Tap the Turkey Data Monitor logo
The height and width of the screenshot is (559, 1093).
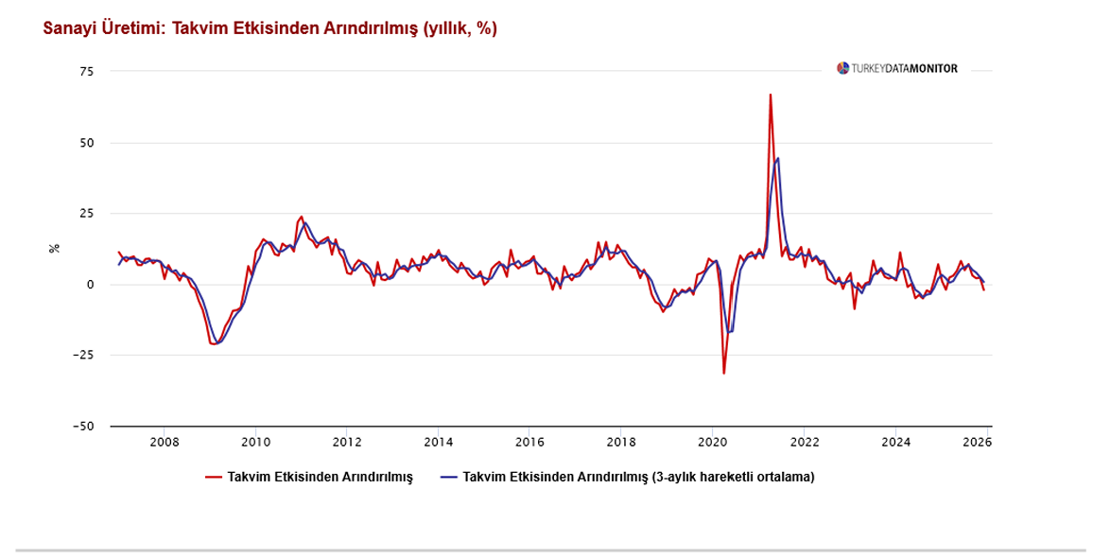(896, 68)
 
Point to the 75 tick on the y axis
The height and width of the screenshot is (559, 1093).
(87, 72)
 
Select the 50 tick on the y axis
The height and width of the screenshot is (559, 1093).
(87, 143)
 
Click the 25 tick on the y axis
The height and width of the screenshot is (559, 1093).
(87, 214)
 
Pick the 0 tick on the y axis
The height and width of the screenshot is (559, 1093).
(91, 285)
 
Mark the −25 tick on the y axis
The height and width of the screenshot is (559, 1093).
(85, 356)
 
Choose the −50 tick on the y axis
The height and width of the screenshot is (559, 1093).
(85, 427)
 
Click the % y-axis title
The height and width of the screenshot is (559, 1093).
(55, 249)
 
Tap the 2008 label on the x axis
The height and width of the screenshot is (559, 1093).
(165, 442)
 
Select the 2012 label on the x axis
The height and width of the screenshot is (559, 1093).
(347, 442)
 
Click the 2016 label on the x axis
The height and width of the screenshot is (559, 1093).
(529, 442)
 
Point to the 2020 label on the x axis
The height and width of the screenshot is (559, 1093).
(712, 442)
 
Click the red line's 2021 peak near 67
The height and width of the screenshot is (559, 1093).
(771, 95)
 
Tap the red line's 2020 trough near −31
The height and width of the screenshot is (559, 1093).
(724, 373)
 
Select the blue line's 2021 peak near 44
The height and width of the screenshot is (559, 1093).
(778, 158)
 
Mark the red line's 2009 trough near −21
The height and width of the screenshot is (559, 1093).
(214, 343)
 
